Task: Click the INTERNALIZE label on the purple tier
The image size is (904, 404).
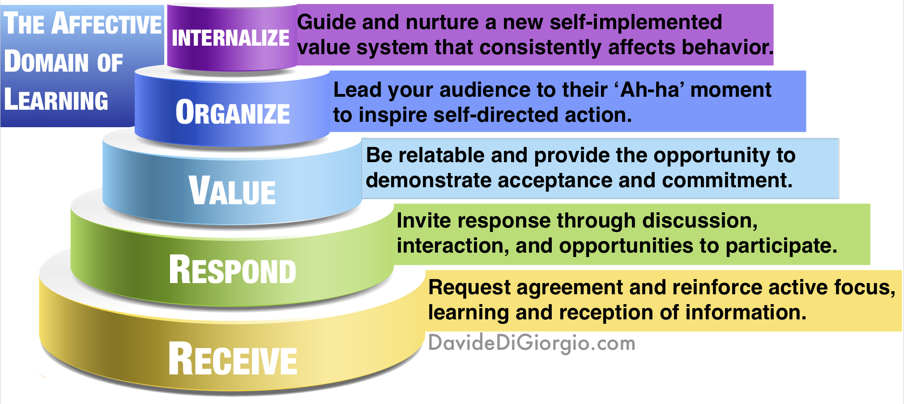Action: coord(230,38)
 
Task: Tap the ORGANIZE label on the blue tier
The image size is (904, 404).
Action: coord(233,113)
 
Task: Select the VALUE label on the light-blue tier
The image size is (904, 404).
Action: coord(232,191)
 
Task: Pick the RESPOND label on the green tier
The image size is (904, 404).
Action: coord(233,271)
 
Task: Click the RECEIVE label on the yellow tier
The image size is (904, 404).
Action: coord(233,360)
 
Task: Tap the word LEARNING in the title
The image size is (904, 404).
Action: coord(56,100)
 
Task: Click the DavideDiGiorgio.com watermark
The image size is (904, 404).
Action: coord(532,344)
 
